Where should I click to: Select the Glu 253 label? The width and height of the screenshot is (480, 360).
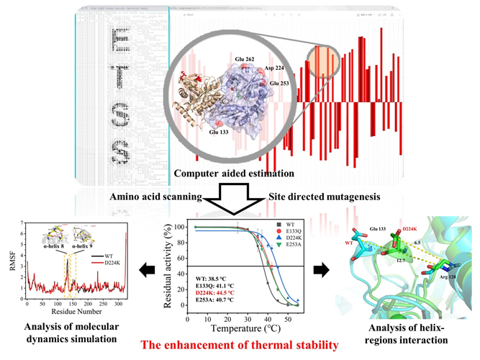pos(281,84)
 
